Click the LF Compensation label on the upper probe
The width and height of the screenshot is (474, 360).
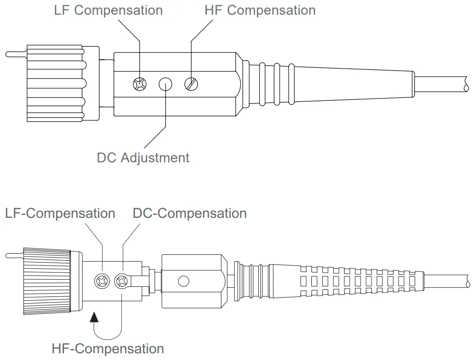pyautogui.click(x=108, y=11)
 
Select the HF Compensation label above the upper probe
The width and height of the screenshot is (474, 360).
pyautogui.click(x=260, y=11)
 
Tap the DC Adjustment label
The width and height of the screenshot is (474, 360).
pyautogui.click(x=143, y=158)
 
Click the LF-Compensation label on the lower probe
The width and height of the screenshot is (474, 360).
pyautogui.click(x=60, y=213)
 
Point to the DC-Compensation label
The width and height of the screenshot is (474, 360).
pyautogui.click(x=190, y=213)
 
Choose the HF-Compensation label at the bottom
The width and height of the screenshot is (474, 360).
pyautogui.click(x=108, y=349)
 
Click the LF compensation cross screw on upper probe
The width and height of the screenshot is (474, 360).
pyautogui.click(x=139, y=85)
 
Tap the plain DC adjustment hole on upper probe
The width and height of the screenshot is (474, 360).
pyautogui.click(x=166, y=85)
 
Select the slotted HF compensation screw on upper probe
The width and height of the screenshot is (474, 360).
pyautogui.click(x=191, y=85)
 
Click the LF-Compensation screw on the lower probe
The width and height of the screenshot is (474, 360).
pyautogui.click(x=103, y=281)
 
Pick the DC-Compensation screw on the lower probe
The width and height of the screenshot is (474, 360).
pyautogui.click(x=123, y=281)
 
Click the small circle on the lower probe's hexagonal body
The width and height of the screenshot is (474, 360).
pyautogui.click(x=184, y=281)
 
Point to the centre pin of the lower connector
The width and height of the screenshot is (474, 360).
pyautogui.click(x=14, y=255)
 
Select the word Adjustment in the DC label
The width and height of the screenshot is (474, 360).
pyautogui.click(x=155, y=158)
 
